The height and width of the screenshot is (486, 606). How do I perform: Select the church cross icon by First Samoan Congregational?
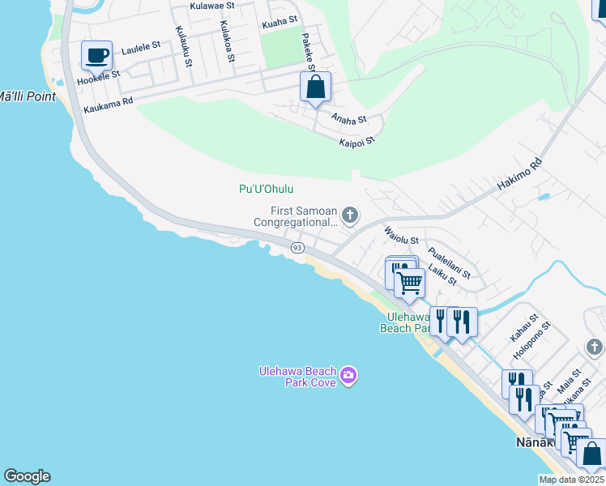click(x=350, y=215)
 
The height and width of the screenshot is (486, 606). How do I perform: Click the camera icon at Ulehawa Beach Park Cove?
click(x=349, y=375)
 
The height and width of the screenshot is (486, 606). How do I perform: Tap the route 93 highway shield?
click(x=297, y=248)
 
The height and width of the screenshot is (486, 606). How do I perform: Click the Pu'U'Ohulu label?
click(x=266, y=189)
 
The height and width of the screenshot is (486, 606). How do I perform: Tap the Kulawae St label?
click(x=211, y=6)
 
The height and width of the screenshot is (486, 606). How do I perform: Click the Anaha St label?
click(x=349, y=118)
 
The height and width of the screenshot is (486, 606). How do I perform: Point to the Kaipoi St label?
click(x=356, y=141)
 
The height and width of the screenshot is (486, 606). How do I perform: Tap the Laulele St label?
click(x=141, y=49)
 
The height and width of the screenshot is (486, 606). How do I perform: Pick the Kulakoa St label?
click(x=228, y=41)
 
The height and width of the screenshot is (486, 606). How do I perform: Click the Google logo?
click(x=27, y=476)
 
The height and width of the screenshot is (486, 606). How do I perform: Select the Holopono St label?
click(x=531, y=339)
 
